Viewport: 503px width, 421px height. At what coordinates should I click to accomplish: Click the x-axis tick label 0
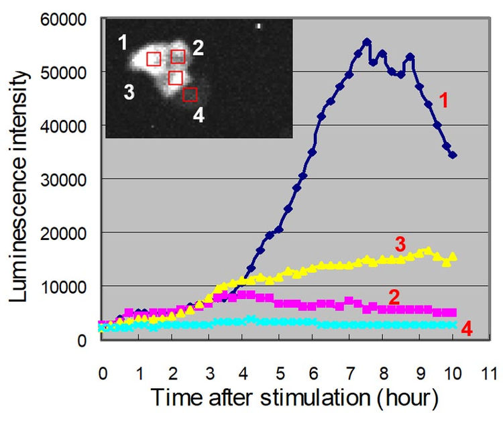click(102, 373)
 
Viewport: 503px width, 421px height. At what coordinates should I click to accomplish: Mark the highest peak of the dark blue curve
click(366, 42)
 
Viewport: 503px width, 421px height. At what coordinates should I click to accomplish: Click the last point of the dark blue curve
click(453, 155)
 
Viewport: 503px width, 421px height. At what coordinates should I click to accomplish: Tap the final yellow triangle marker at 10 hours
click(453, 256)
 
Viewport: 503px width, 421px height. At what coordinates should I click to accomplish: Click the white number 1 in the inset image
click(123, 45)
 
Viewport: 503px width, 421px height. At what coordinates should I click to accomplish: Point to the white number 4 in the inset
click(199, 115)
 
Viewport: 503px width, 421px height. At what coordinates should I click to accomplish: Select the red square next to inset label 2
click(178, 56)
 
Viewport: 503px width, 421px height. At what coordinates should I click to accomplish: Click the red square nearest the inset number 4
click(190, 95)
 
